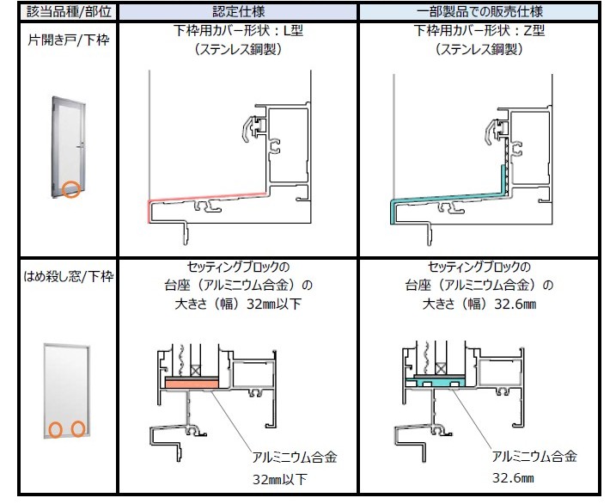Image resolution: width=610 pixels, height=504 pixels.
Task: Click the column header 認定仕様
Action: click(239, 11)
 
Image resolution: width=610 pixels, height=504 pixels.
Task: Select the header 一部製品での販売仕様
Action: click(479, 11)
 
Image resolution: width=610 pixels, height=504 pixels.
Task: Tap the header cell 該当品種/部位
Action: click(69, 11)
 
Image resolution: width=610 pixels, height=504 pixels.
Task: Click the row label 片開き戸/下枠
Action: click(69, 40)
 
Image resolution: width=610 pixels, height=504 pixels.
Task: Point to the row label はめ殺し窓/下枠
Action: click(69, 277)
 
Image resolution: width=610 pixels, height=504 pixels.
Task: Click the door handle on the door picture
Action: click(82, 147)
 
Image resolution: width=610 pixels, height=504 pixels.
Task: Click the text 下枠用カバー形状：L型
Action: click(239, 30)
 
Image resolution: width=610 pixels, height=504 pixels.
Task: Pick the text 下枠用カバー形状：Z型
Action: click(479, 30)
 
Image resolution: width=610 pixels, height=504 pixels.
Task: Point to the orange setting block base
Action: click(192, 384)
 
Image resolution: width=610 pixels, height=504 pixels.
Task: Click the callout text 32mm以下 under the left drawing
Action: click(280, 479)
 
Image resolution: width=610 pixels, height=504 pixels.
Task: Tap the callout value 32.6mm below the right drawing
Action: click(513, 477)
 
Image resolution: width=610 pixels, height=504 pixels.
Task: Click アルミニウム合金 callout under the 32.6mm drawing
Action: click(534, 456)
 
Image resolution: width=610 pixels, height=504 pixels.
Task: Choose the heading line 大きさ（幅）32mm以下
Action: click(238, 304)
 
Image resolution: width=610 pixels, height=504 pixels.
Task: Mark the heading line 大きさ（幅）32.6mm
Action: click(479, 304)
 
